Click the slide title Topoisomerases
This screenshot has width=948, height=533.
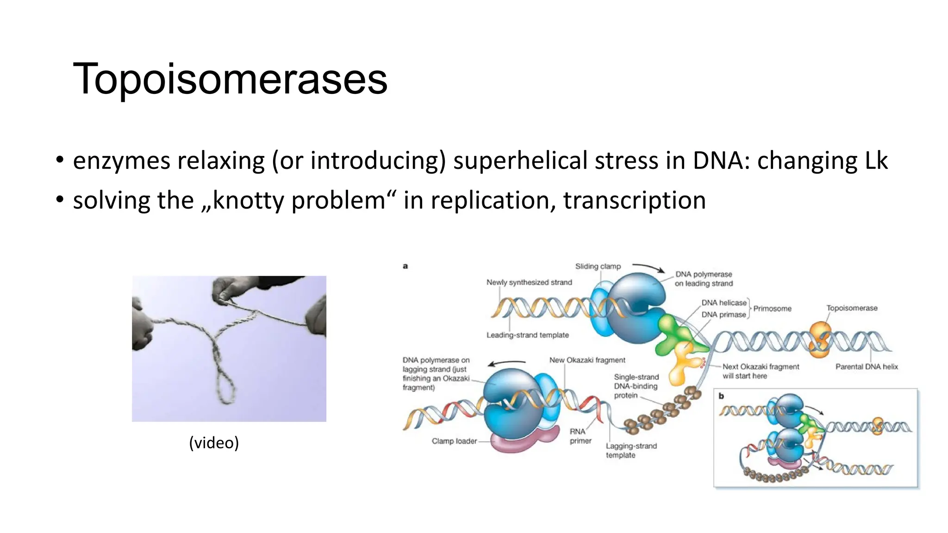230,79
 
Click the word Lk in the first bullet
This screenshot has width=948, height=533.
875,161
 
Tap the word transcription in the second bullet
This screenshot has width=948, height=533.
634,200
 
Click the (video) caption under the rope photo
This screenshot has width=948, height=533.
214,443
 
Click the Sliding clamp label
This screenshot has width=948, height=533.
598,266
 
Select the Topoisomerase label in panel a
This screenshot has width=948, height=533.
852,308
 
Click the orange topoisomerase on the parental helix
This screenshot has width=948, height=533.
820,340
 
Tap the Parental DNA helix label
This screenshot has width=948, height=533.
867,367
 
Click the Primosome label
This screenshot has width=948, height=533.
772,309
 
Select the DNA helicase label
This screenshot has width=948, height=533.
724,303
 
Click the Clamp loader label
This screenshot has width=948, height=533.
454,441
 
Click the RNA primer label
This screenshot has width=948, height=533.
580,436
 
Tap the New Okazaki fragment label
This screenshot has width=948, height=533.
587,360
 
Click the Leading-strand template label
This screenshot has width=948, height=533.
527,335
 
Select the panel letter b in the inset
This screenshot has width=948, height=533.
721,396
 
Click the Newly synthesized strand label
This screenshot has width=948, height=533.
529,282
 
